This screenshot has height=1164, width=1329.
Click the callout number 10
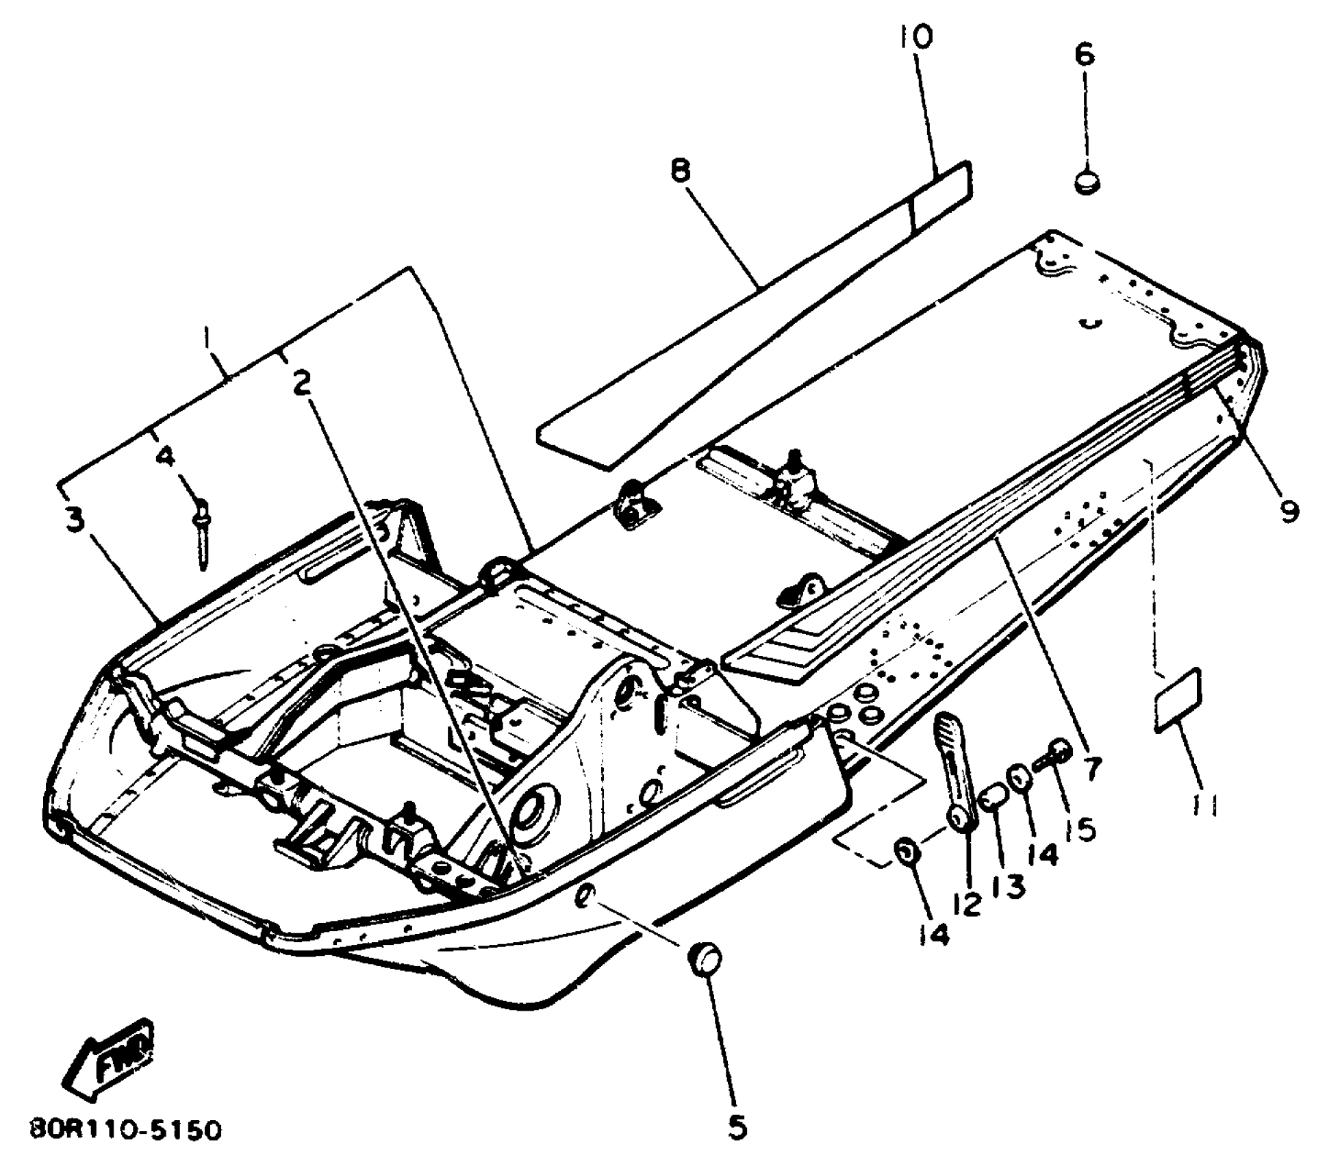coord(916,38)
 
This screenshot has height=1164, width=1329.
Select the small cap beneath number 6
coord(1087,184)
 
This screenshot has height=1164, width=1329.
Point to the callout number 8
coord(681,171)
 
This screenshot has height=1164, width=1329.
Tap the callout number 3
coord(75,520)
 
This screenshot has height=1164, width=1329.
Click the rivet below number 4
coord(203,534)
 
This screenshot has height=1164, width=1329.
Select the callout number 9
coord(1289,510)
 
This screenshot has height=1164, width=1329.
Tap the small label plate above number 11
coord(1178,702)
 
